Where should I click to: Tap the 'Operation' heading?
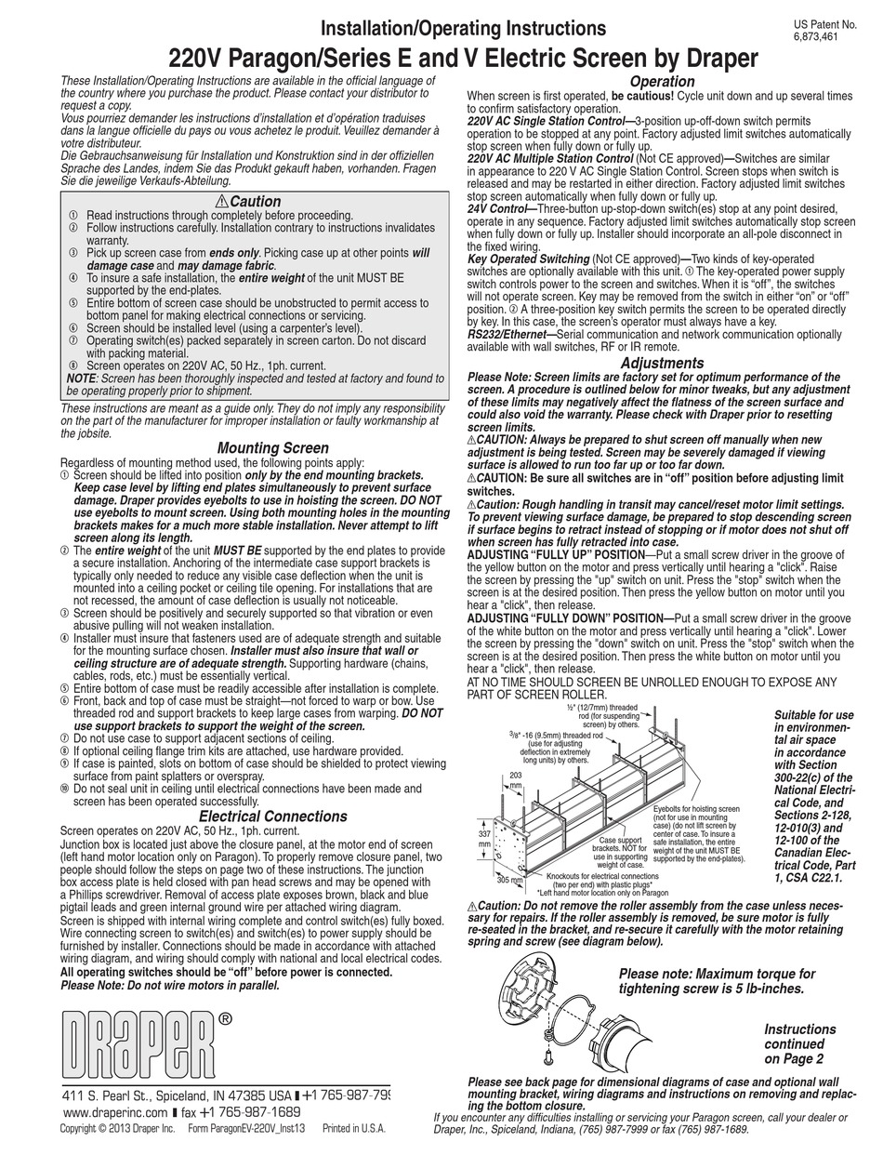662,82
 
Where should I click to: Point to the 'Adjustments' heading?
662,363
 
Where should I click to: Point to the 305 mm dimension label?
507,878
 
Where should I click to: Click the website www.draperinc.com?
115,1112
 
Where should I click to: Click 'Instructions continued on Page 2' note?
800,1043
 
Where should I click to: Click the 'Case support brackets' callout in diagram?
618,845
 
